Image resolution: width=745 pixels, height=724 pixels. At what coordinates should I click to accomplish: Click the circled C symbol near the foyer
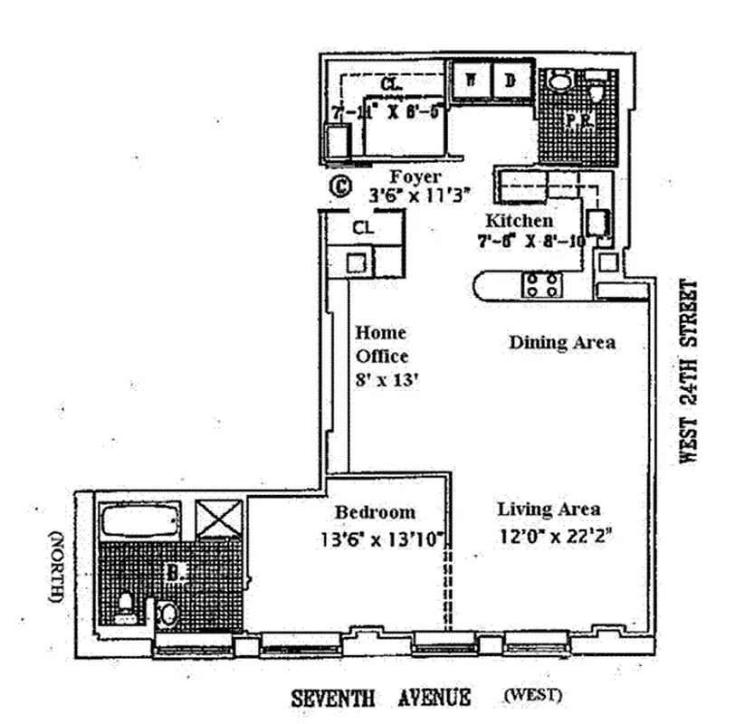coord(339,187)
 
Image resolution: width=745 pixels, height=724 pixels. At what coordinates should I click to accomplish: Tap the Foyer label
coord(415,177)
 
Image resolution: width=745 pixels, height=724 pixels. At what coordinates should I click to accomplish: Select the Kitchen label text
coord(519,221)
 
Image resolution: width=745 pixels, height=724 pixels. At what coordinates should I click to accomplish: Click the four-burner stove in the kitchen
coord(540,284)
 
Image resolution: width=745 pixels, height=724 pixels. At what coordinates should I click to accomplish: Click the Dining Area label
coord(561,342)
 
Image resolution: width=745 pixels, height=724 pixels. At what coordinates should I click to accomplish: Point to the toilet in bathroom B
coord(127,601)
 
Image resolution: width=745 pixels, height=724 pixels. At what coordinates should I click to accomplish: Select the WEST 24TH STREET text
coord(691,371)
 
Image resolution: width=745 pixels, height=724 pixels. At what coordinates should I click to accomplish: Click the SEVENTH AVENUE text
coord(380,697)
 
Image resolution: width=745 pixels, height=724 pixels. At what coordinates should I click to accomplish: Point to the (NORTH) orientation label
coord(56,567)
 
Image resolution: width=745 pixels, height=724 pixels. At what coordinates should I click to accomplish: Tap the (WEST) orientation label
coord(532,696)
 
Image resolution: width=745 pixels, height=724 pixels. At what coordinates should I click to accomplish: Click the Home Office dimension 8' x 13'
coord(382,381)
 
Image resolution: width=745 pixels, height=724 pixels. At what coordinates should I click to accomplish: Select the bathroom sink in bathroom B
coord(168,614)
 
